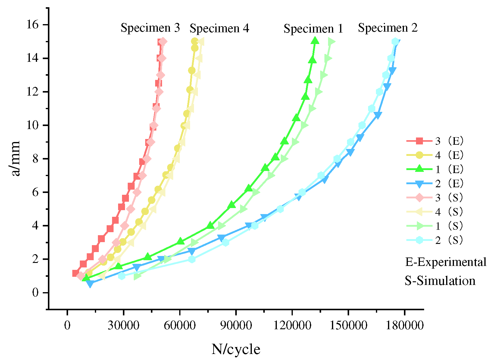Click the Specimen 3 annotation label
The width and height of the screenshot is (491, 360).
(150, 28)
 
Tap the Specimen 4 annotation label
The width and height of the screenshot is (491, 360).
(219, 29)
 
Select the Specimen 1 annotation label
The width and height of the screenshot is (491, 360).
(313, 29)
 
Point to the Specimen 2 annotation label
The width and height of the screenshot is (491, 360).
(388, 28)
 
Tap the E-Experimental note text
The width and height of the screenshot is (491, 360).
(446, 262)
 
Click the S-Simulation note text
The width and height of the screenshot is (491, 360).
(440, 281)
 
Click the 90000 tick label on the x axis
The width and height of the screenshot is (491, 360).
(236, 325)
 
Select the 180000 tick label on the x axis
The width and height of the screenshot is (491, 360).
(405, 325)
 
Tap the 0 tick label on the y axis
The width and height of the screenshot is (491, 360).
(35, 293)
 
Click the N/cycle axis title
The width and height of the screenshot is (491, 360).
(236, 349)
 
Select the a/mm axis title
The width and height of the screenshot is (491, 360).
(15, 158)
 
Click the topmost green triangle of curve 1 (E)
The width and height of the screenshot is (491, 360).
(315, 40)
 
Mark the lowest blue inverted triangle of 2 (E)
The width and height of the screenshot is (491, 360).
(90, 283)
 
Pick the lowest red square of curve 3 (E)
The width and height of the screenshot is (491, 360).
(76, 273)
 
